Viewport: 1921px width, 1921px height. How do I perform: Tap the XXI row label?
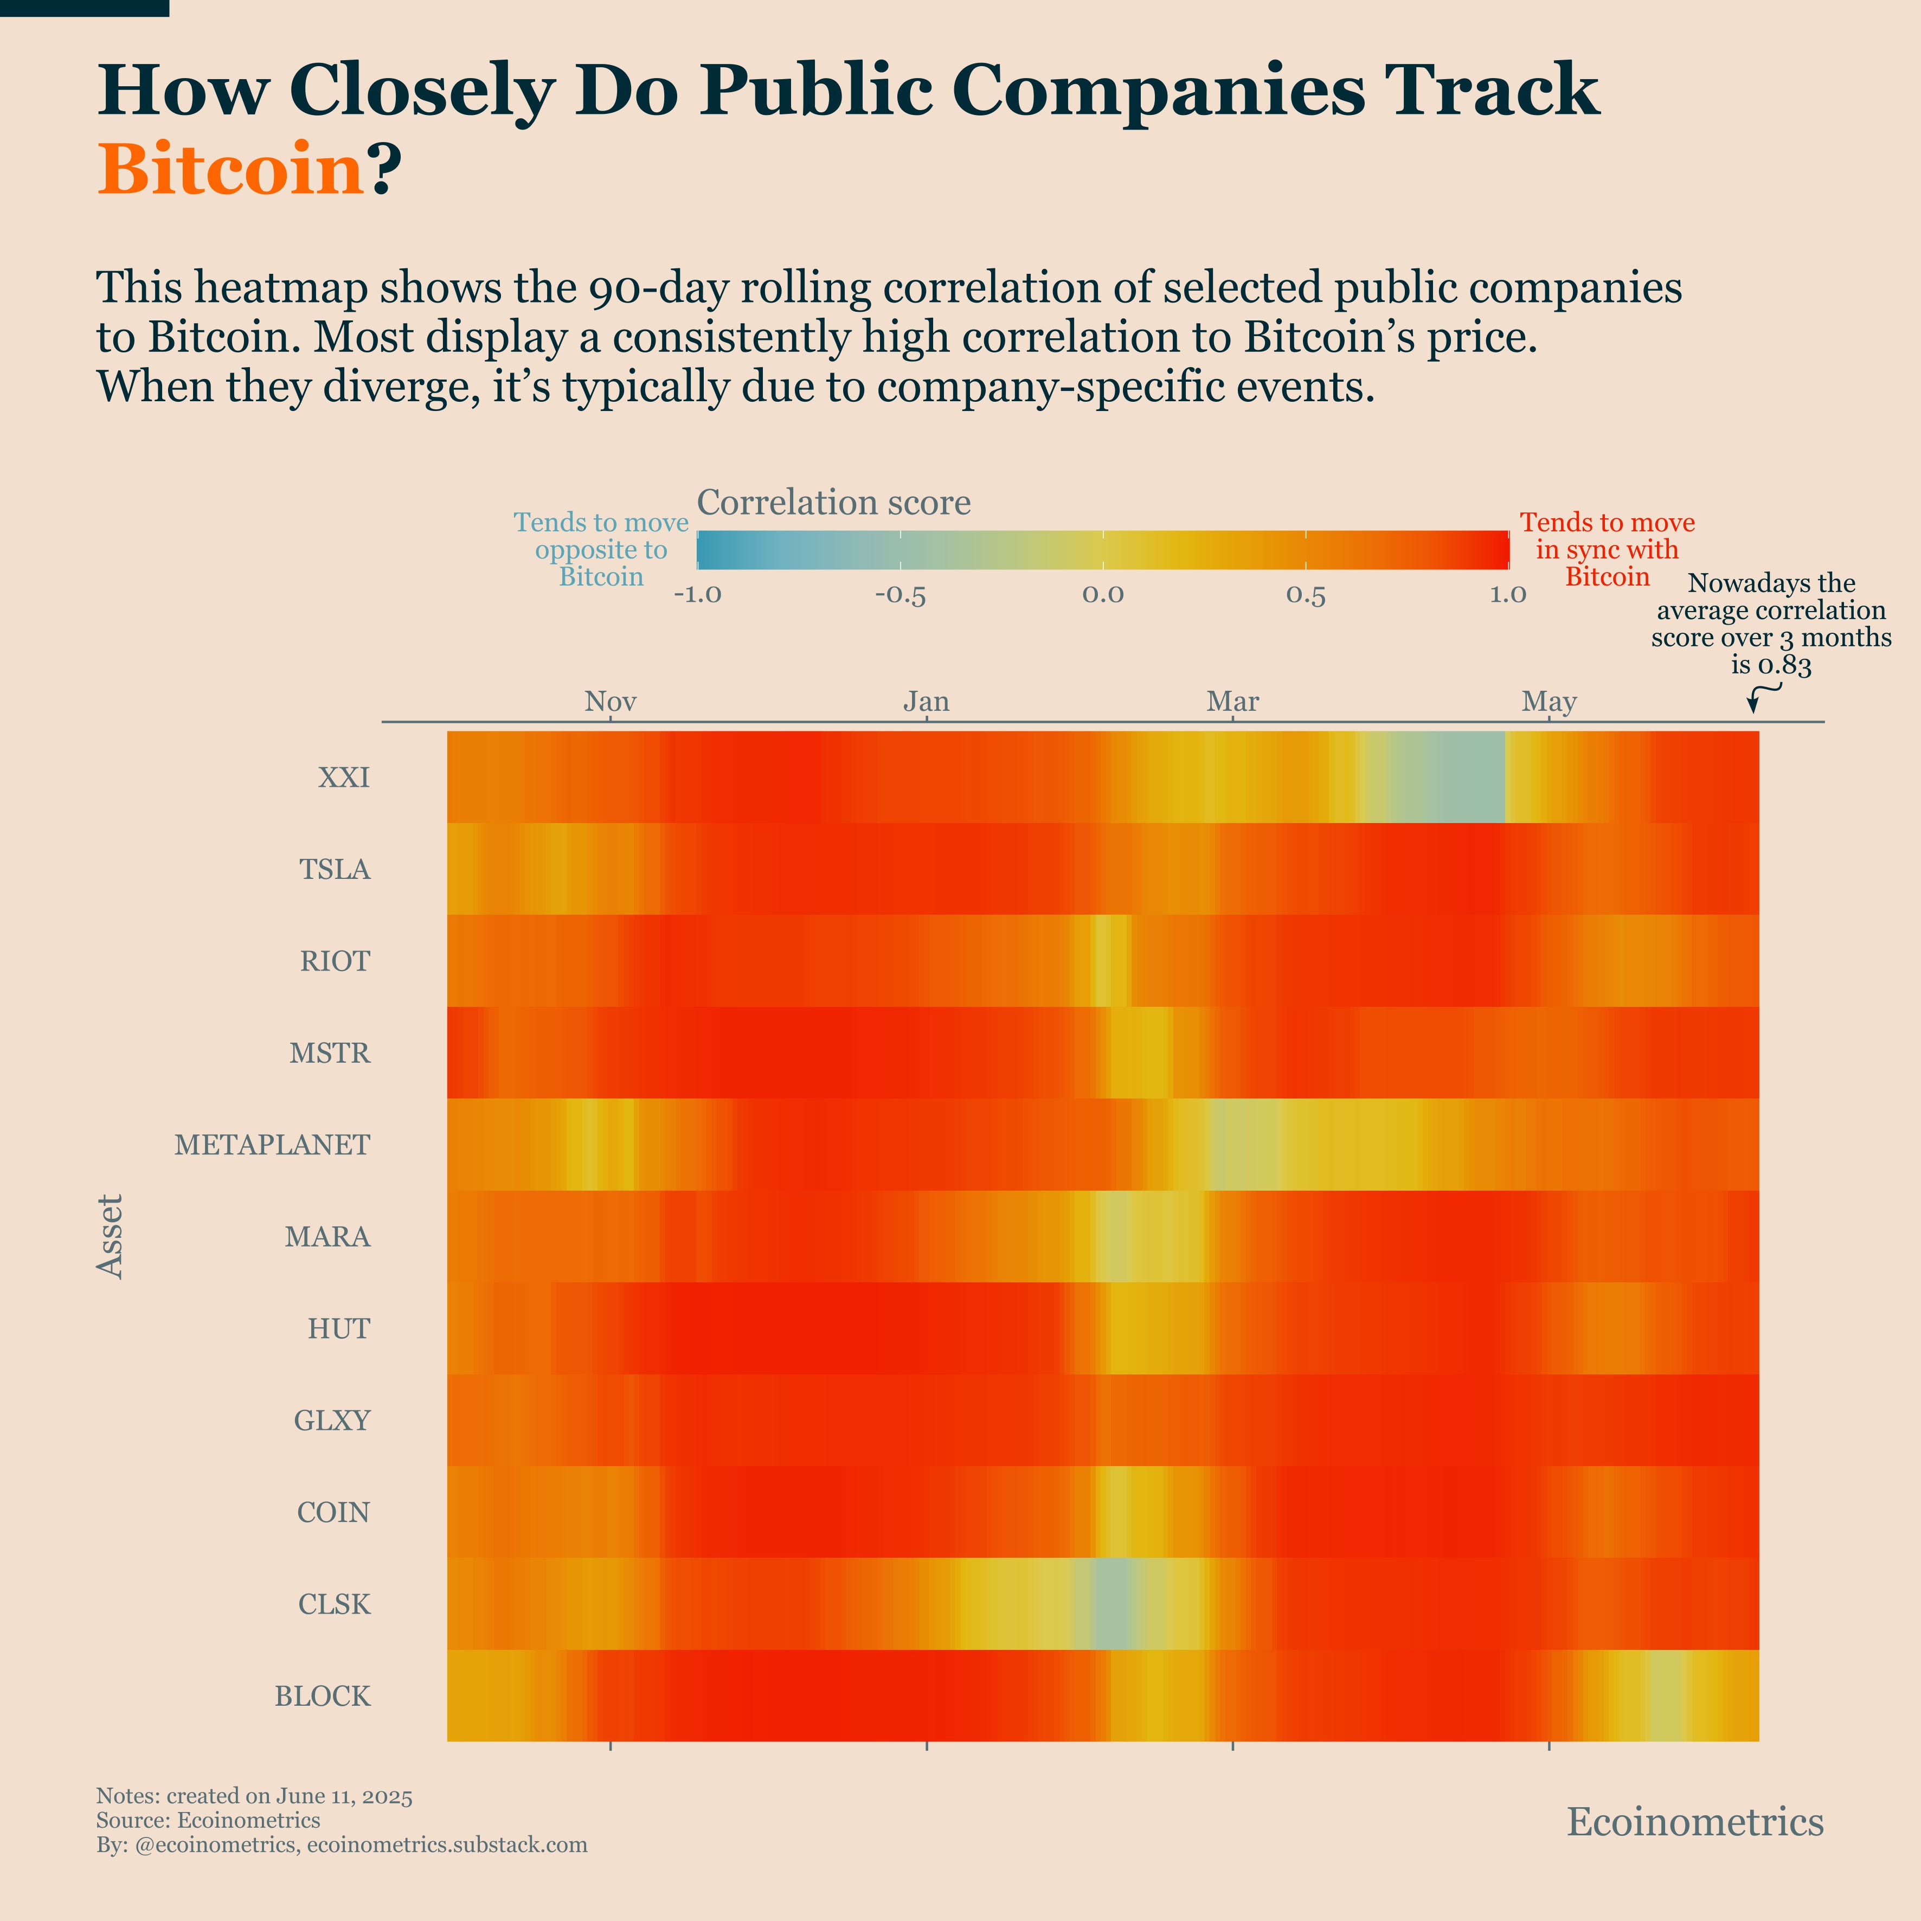pos(344,778)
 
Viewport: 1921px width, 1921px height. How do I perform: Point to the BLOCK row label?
pos(322,1697)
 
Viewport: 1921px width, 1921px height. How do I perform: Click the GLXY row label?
pos(332,1421)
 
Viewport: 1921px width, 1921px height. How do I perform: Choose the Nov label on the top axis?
pos(609,702)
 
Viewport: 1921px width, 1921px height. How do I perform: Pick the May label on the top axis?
pos(1548,702)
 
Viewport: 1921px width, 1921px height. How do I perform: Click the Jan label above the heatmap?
pos(926,702)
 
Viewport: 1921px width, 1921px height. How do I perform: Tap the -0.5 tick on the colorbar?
pos(900,595)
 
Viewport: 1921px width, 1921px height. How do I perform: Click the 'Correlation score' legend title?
pos(833,503)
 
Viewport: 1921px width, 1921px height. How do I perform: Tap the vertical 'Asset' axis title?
pos(111,1236)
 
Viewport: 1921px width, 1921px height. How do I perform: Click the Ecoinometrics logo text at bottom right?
pos(1694,1822)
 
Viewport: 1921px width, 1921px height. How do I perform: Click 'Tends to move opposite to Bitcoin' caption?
pos(601,550)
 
